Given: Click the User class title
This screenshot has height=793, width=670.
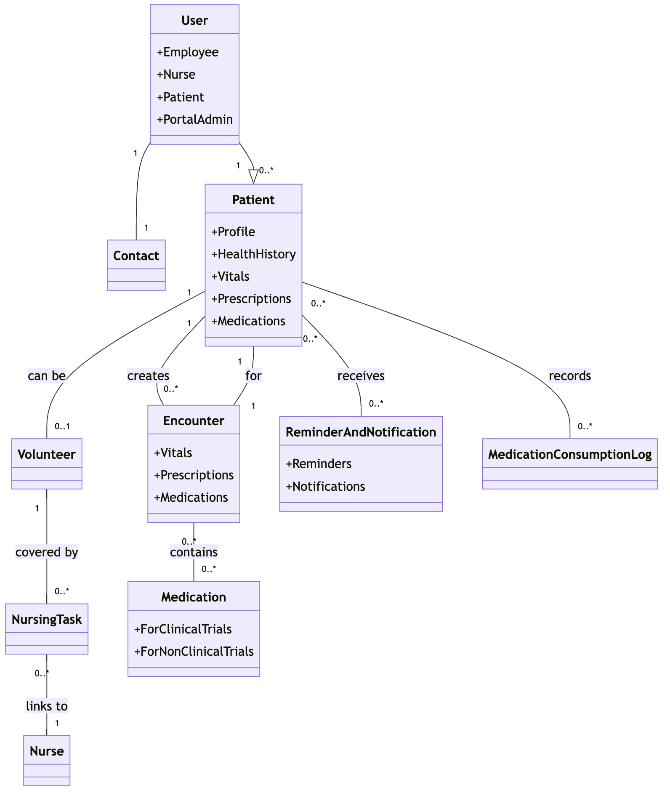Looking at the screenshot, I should (x=194, y=20).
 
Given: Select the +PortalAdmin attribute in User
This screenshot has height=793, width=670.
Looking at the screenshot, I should (x=194, y=120).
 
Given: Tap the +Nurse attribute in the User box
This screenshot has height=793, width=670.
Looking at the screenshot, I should (x=176, y=75).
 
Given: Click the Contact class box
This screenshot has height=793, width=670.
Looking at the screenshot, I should (x=136, y=264).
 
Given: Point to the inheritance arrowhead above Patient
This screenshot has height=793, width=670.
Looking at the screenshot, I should (x=253, y=176).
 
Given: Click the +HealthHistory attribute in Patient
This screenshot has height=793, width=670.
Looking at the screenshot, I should (x=253, y=254).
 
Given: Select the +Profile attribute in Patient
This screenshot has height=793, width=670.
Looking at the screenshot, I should (x=233, y=232).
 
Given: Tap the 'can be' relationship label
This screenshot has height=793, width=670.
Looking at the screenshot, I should (x=47, y=375).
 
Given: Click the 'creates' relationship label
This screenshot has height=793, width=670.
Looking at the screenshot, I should (x=148, y=375).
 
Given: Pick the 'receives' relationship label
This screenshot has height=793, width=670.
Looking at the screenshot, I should (x=361, y=375).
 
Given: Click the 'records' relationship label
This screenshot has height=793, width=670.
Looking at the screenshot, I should (x=570, y=375).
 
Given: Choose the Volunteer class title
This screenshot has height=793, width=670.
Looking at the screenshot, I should (x=47, y=454).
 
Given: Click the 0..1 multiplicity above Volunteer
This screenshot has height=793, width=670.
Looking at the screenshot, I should (x=62, y=426).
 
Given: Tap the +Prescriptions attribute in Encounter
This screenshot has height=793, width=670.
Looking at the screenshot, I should (x=194, y=475).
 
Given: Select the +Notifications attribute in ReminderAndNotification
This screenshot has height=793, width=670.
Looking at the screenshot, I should (x=325, y=487).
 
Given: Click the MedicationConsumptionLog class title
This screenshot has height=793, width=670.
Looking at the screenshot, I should (x=570, y=454).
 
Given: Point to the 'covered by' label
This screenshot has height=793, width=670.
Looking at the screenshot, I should (x=47, y=552).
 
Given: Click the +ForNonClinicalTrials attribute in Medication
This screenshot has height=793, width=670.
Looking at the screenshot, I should (x=194, y=652).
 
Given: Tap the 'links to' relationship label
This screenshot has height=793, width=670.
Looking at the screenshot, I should (x=47, y=706).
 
